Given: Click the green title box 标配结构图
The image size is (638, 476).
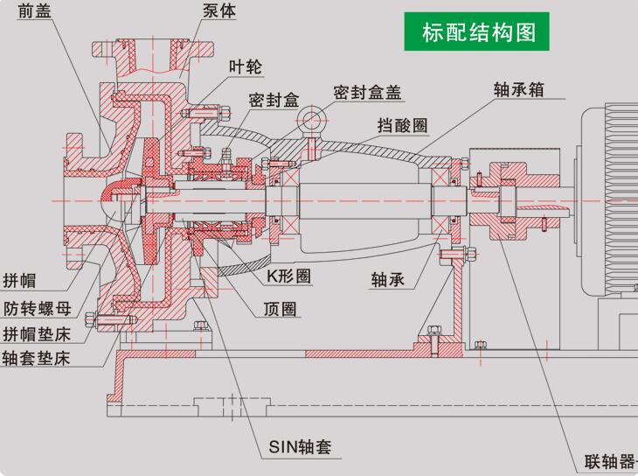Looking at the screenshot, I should point(476,32).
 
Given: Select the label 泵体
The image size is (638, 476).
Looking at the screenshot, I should point(218,12).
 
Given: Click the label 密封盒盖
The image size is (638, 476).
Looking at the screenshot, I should point(371,92).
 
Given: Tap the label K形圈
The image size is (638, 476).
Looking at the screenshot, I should point(290,276).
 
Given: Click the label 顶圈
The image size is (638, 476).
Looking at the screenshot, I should point(281,309).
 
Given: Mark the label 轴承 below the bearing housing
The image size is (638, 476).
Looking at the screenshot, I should point(389,280).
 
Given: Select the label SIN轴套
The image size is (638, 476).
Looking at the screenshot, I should point(300,449).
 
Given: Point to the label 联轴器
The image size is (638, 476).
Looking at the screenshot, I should point(610,461).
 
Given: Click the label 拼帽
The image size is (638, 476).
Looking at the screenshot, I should point(21,282).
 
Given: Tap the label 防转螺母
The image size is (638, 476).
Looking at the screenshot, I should point(37,308).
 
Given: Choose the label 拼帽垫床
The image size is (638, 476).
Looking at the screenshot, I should point(37,333).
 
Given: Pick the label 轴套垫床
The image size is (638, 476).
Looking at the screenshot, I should point(37,359).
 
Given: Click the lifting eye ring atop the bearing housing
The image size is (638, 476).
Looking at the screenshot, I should point(311,119).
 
